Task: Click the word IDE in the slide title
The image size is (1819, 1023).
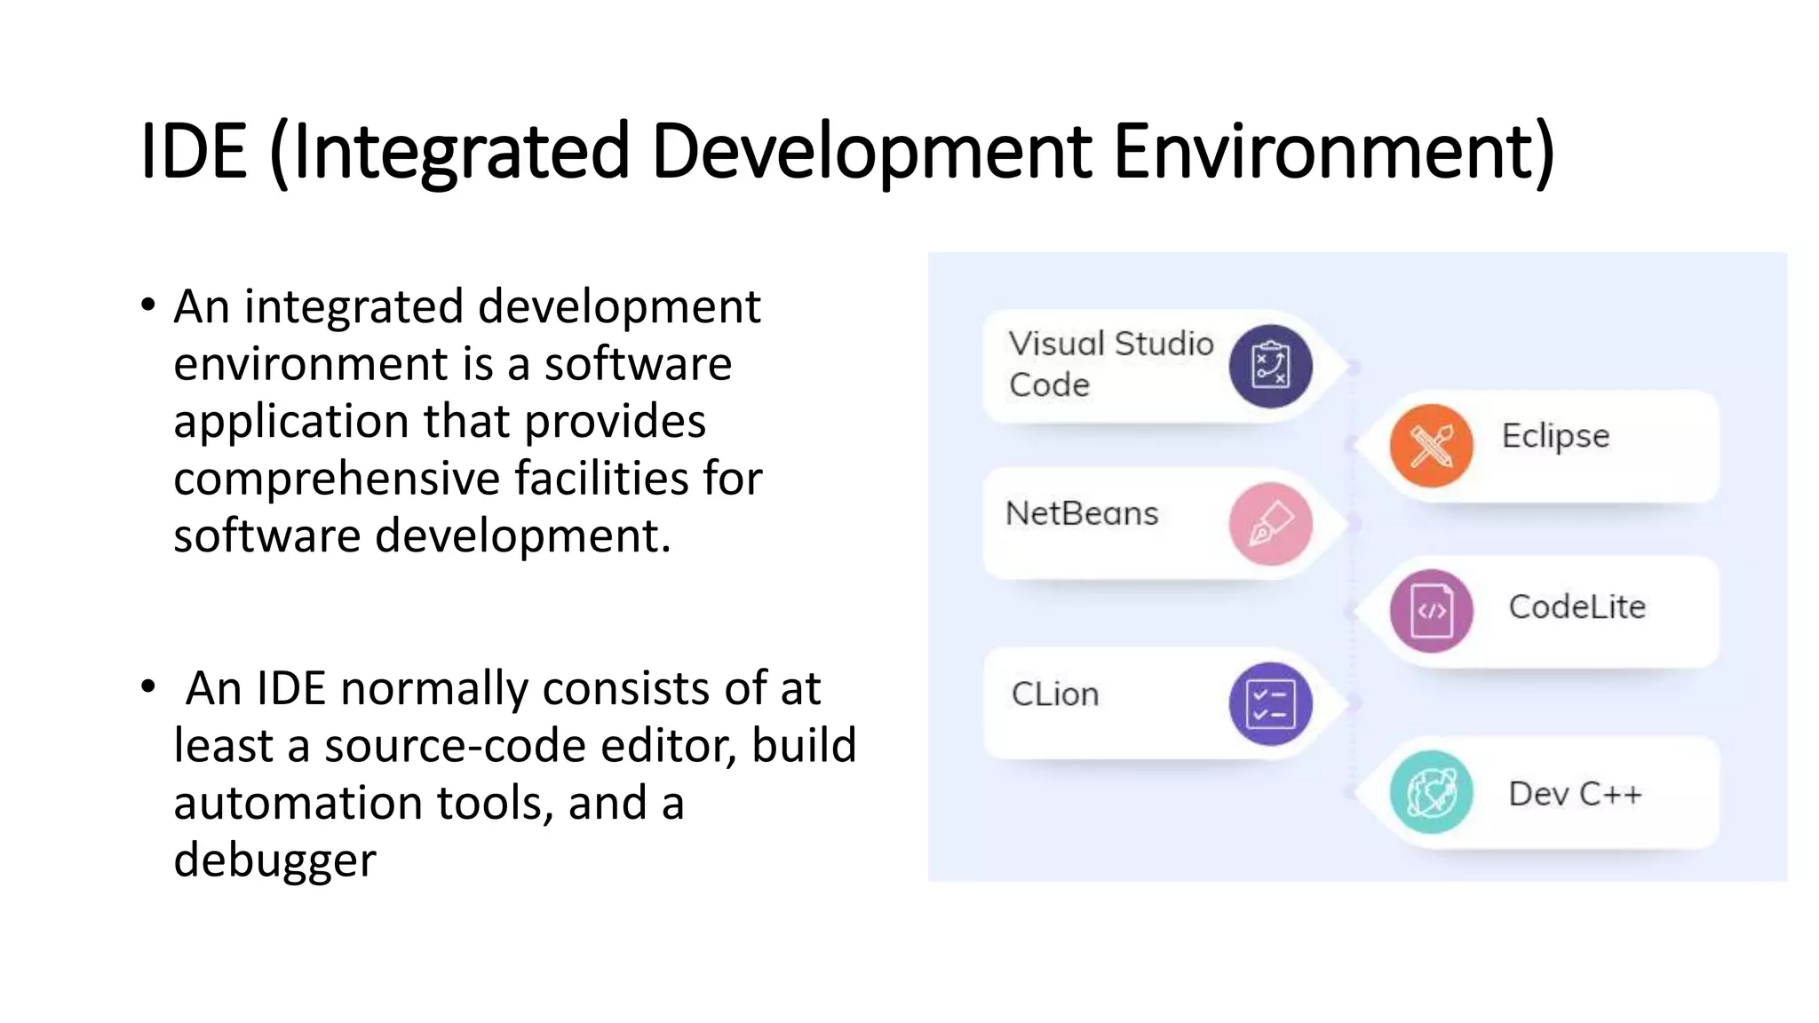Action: [194, 152]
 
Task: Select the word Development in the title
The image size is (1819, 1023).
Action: [871, 152]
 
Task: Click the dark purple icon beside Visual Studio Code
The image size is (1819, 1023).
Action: [1270, 367]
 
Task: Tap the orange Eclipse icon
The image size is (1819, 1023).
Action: [1431, 445]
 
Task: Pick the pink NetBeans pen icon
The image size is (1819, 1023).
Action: [1270, 524]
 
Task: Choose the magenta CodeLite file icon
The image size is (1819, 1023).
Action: [1431, 611]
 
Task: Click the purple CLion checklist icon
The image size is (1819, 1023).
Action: [1270, 703]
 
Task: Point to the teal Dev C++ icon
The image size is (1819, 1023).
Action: [1431, 792]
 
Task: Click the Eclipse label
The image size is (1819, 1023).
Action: [1555, 436]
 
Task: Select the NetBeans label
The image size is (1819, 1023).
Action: [1082, 513]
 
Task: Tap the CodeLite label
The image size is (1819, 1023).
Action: [1577, 607]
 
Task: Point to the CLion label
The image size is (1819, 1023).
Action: [1055, 694]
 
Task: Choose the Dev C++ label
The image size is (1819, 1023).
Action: [1575, 794]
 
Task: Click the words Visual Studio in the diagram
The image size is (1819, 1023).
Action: [1111, 344]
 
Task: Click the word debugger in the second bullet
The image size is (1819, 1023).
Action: [274, 860]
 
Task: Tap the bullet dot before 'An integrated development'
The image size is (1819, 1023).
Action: [148, 305]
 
